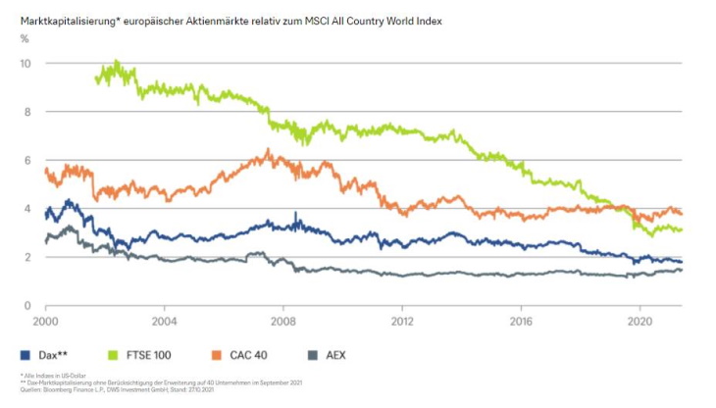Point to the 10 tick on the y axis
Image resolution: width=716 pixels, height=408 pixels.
pos(26,63)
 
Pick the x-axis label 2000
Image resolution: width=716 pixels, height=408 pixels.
pos(45,321)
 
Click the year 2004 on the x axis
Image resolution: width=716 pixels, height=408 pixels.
pos(164,321)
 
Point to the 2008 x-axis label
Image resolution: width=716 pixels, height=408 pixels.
pos(283,321)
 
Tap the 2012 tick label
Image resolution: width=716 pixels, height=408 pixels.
pos(402,321)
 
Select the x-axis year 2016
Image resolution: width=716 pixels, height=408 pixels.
pos(521,321)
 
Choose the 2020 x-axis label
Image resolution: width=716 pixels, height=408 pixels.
pos(639,321)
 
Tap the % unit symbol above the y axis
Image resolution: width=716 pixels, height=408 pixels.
pos(24,39)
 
